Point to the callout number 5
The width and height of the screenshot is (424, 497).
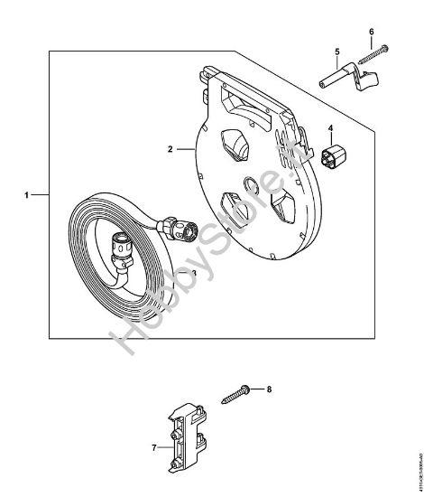(x=336, y=52)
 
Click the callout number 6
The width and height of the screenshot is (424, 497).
(x=371, y=32)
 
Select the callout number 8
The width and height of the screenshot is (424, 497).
(x=267, y=389)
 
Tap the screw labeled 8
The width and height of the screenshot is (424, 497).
(x=235, y=394)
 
